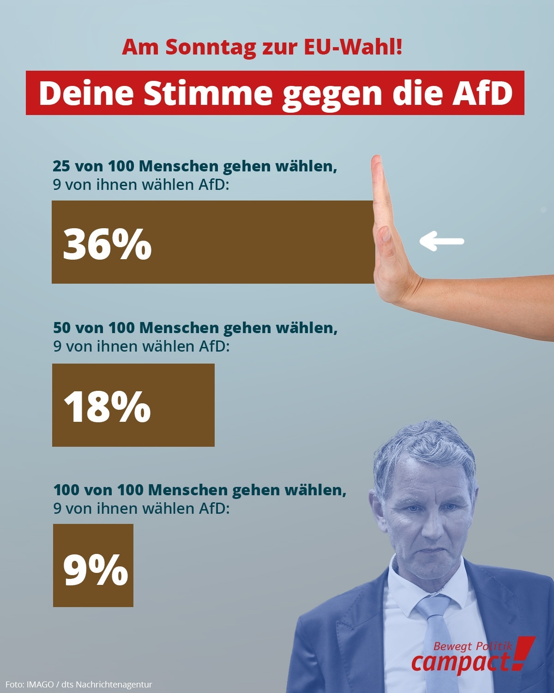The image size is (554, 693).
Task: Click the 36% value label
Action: click(107, 243)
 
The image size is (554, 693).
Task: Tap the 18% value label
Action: click(107, 406)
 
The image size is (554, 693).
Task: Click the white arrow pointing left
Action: click(441, 241)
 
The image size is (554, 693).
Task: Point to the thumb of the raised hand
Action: click(385, 240)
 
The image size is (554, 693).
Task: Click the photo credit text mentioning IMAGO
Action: click(79, 684)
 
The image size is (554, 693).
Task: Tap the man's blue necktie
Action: click(436, 638)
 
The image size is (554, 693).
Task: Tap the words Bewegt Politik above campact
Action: click(473, 646)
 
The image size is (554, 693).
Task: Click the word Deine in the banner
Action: click(85, 93)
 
